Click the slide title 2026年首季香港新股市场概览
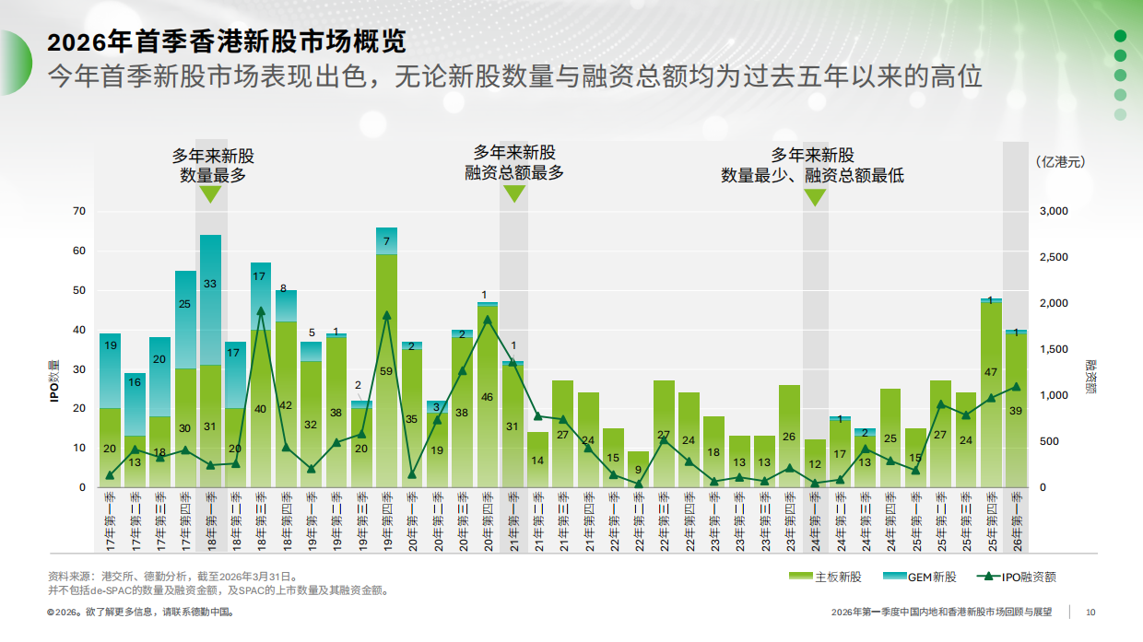coord(227,42)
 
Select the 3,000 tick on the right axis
coord(1052,211)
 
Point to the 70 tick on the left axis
coord(78,211)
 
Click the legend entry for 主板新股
coord(826,577)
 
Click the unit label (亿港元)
coord(1060,161)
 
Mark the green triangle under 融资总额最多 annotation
coord(513,193)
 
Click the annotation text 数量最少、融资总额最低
coord(812,175)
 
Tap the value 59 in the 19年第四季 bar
coord(386,371)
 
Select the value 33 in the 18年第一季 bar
coord(210,284)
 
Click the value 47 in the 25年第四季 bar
coord(991,372)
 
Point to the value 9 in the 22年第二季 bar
coord(638,469)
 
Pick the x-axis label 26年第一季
coord(1016,521)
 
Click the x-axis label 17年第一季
coord(111,521)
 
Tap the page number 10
coord(1090,612)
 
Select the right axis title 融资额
coord(1090,377)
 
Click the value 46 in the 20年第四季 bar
coord(487,397)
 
